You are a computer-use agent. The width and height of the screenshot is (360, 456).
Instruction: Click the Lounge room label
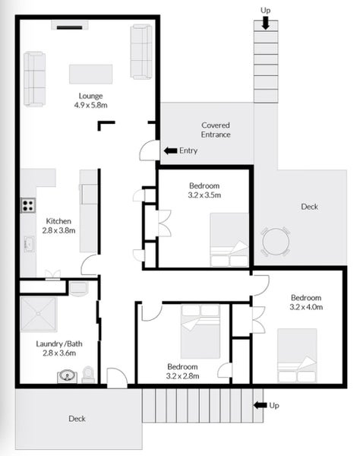point(90,95)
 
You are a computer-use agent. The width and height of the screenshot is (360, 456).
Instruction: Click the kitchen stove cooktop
point(28,204)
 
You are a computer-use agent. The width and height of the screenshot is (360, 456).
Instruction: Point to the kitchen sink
point(28,244)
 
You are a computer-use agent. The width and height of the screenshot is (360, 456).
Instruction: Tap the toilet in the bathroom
point(87,374)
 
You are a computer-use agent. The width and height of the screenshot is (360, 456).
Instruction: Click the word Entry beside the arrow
point(188,150)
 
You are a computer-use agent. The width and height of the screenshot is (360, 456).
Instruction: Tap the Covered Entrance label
point(216,129)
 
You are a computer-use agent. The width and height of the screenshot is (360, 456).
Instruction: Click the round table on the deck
point(274,242)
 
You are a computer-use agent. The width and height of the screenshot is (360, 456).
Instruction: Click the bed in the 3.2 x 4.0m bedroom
point(297,355)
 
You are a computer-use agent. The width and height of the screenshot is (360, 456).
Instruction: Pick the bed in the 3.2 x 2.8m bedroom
point(201,331)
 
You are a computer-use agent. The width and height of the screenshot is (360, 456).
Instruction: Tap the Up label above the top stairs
point(265,9)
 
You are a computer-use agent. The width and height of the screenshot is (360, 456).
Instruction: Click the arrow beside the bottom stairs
point(260,405)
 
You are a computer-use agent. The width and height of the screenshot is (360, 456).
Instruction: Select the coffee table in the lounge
point(90,74)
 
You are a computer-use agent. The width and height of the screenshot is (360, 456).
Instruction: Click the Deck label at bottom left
point(77,419)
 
